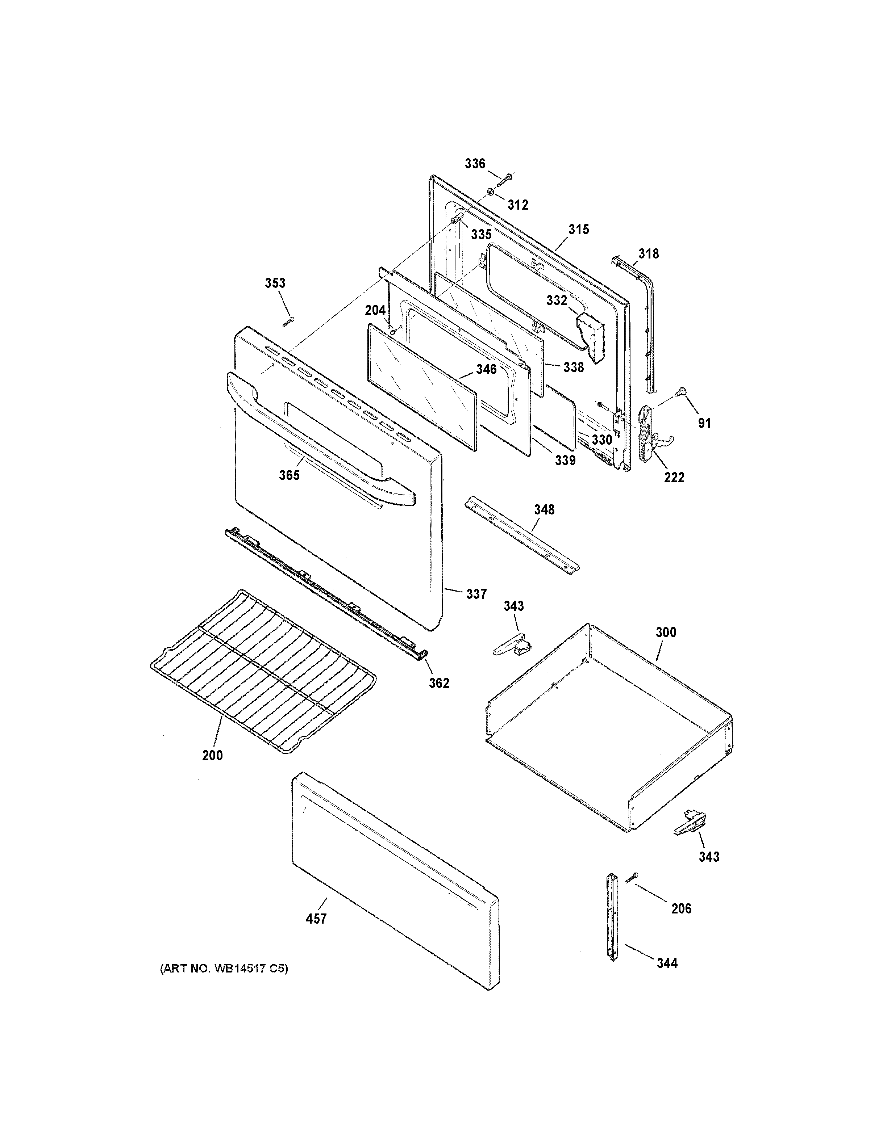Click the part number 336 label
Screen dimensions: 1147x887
[475, 164]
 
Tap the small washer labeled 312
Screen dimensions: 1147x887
[489, 192]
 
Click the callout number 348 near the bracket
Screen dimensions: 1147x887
[544, 509]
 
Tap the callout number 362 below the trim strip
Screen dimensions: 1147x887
[439, 683]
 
